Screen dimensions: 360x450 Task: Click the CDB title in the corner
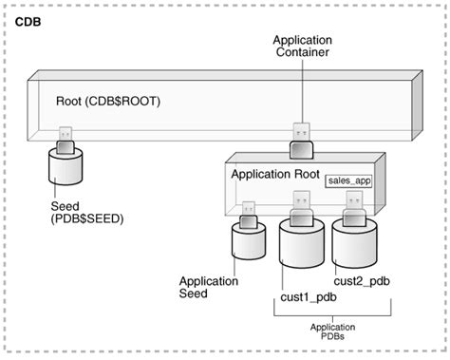point(28,19)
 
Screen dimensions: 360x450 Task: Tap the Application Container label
point(301,47)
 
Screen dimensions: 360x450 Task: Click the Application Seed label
point(205,287)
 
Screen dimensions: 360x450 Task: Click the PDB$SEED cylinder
point(66,168)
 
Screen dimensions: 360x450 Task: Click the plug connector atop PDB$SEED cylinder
point(66,138)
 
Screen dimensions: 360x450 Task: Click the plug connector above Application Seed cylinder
point(249,212)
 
